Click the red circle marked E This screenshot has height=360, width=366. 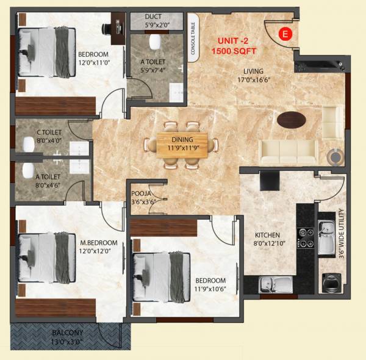284,34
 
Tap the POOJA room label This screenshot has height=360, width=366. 140,200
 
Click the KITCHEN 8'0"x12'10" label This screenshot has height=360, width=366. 267,239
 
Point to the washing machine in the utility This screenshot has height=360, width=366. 331,283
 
